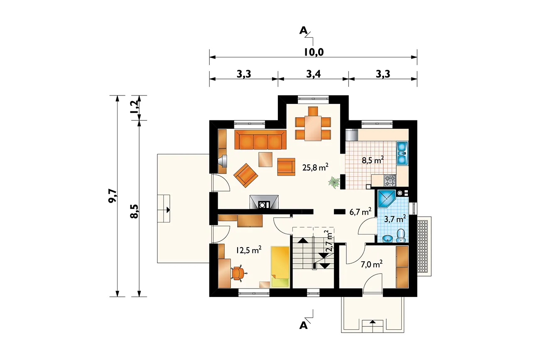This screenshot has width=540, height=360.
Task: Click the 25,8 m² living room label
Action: point(315,167)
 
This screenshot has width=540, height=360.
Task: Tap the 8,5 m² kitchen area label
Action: point(373,160)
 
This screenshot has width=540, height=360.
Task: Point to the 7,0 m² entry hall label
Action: point(371,264)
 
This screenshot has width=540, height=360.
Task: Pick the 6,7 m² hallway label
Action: point(361,212)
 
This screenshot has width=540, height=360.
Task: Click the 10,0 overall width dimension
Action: point(314,52)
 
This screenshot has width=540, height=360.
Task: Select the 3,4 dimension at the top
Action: point(313,74)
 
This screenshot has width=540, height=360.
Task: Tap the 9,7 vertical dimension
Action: point(112,196)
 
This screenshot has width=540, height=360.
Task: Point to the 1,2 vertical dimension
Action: point(135,107)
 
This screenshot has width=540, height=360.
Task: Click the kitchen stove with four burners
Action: point(390,181)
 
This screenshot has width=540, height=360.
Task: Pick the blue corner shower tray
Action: point(386,199)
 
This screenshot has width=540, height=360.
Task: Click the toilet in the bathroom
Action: point(401,235)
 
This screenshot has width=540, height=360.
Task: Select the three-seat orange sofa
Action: point(260,140)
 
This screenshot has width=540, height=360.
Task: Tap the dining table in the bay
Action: point(313,128)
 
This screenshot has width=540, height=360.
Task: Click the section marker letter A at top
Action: point(303,31)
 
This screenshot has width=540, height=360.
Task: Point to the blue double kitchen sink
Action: point(402,153)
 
